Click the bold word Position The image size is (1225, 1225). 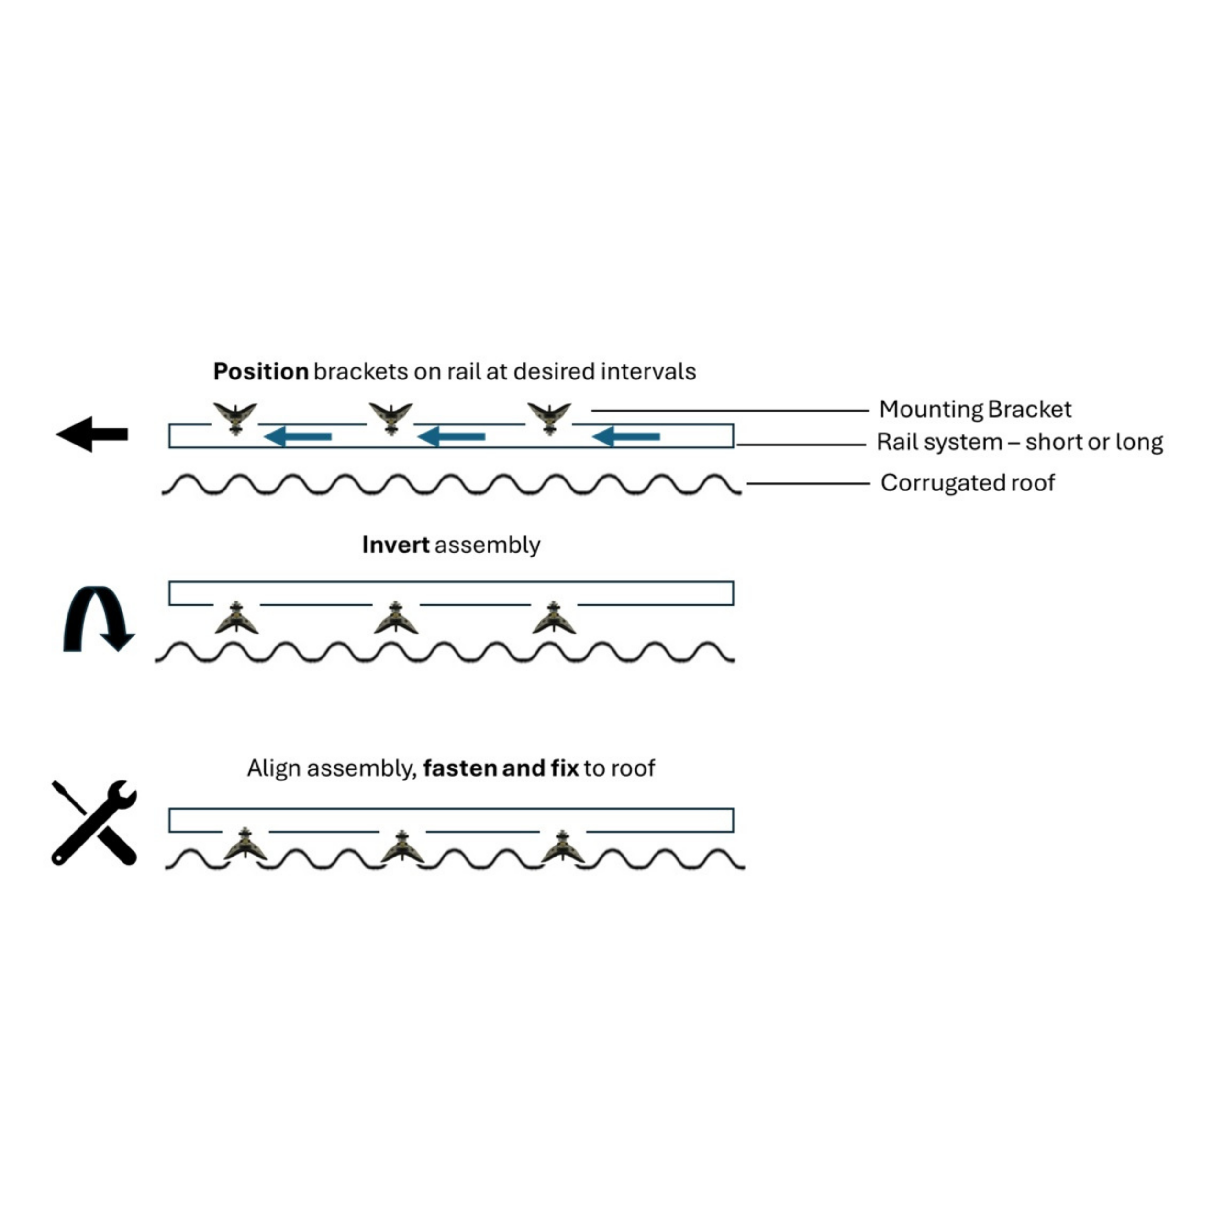point(261,371)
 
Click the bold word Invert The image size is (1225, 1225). point(396,545)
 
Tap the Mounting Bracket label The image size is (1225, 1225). point(975,410)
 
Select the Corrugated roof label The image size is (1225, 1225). point(968,483)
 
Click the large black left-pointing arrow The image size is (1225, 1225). point(92,434)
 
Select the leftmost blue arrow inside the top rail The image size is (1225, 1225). point(298,436)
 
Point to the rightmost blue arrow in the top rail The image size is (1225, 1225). point(626,436)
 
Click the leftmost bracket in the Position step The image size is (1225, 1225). point(235,418)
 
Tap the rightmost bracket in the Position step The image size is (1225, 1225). point(549,418)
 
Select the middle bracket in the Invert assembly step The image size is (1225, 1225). point(396,618)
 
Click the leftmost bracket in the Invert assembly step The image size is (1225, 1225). point(236,618)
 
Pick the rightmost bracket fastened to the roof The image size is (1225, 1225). point(562,846)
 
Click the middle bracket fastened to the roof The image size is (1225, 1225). point(402,846)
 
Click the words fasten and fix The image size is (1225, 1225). point(501,768)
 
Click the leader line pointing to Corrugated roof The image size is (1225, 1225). point(808,484)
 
